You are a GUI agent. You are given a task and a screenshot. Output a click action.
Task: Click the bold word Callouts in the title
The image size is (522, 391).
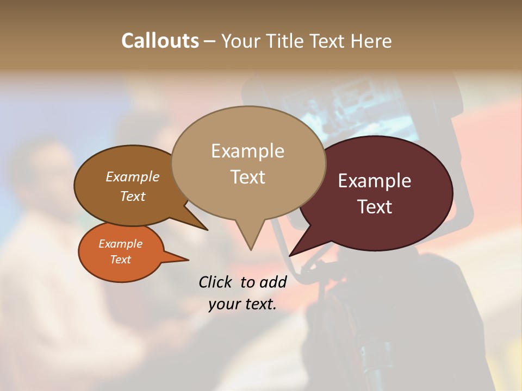tap(160, 41)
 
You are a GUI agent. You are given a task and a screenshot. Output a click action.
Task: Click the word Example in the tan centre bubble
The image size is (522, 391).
tap(247, 151)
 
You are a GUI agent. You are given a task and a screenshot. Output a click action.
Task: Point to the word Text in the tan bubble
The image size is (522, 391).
tap(247, 177)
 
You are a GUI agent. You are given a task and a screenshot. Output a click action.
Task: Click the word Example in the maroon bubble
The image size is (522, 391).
tap(375, 181)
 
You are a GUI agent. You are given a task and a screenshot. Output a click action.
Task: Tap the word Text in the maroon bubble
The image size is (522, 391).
tap(375, 207)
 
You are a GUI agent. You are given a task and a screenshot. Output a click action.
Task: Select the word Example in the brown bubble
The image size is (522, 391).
tap(133, 176)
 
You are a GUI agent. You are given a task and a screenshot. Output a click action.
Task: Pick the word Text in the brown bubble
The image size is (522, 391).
tap(133, 196)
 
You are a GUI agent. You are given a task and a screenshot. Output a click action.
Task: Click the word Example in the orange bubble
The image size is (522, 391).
tap(120, 244)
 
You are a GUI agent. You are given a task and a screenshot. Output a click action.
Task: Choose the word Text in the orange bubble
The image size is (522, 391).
tap(120, 260)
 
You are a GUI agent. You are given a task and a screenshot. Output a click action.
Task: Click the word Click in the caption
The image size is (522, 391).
tap(215, 282)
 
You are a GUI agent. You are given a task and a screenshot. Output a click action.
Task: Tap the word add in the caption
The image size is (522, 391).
tap(273, 282)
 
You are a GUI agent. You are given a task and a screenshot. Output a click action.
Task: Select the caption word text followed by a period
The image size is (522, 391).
tap(258, 304)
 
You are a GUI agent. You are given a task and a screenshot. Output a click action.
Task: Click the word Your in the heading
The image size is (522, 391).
tap(239, 41)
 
